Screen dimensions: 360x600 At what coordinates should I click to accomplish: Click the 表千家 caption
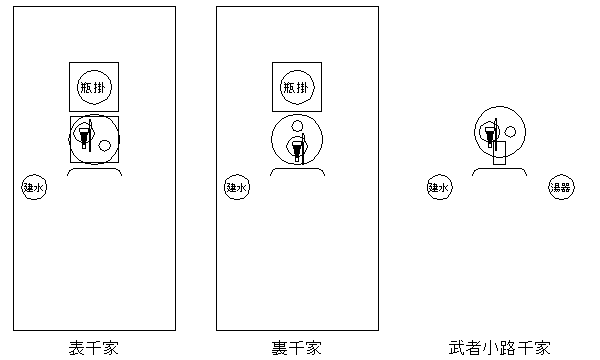pyautogui.click(x=93, y=348)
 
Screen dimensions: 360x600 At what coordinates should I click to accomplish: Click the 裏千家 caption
pyautogui.click(x=297, y=348)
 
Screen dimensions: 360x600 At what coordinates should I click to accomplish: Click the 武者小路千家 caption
pyautogui.click(x=499, y=348)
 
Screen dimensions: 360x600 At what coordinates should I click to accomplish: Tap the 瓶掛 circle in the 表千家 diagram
pyautogui.click(x=93, y=87)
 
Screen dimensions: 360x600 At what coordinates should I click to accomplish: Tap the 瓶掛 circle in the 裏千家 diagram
pyautogui.click(x=297, y=87)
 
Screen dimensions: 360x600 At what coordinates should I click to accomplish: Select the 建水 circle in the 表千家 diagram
pyautogui.click(x=34, y=186)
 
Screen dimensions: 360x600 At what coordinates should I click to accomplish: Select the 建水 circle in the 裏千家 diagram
pyautogui.click(x=237, y=186)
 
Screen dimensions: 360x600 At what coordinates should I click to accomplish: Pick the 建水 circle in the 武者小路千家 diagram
pyautogui.click(x=440, y=186)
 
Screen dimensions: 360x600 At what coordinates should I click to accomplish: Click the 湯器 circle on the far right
pyautogui.click(x=560, y=186)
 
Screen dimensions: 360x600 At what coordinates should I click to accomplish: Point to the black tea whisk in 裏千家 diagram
pyautogui.click(x=296, y=146)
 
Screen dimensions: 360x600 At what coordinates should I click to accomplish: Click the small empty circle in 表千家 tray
pyautogui.click(x=105, y=146)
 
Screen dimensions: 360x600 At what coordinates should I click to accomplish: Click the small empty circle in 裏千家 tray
pyautogui.click(x=296, y=126)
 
